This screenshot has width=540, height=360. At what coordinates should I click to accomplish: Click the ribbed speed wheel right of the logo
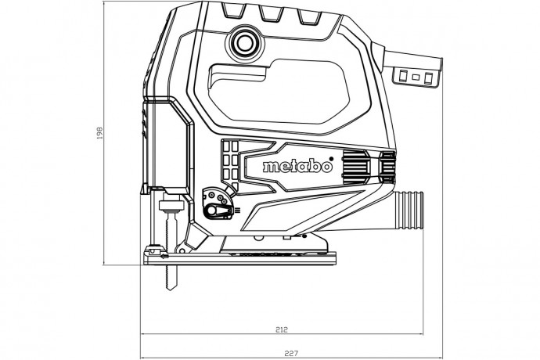point(356,167)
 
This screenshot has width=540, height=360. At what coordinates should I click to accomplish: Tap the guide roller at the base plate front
point(157,254)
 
